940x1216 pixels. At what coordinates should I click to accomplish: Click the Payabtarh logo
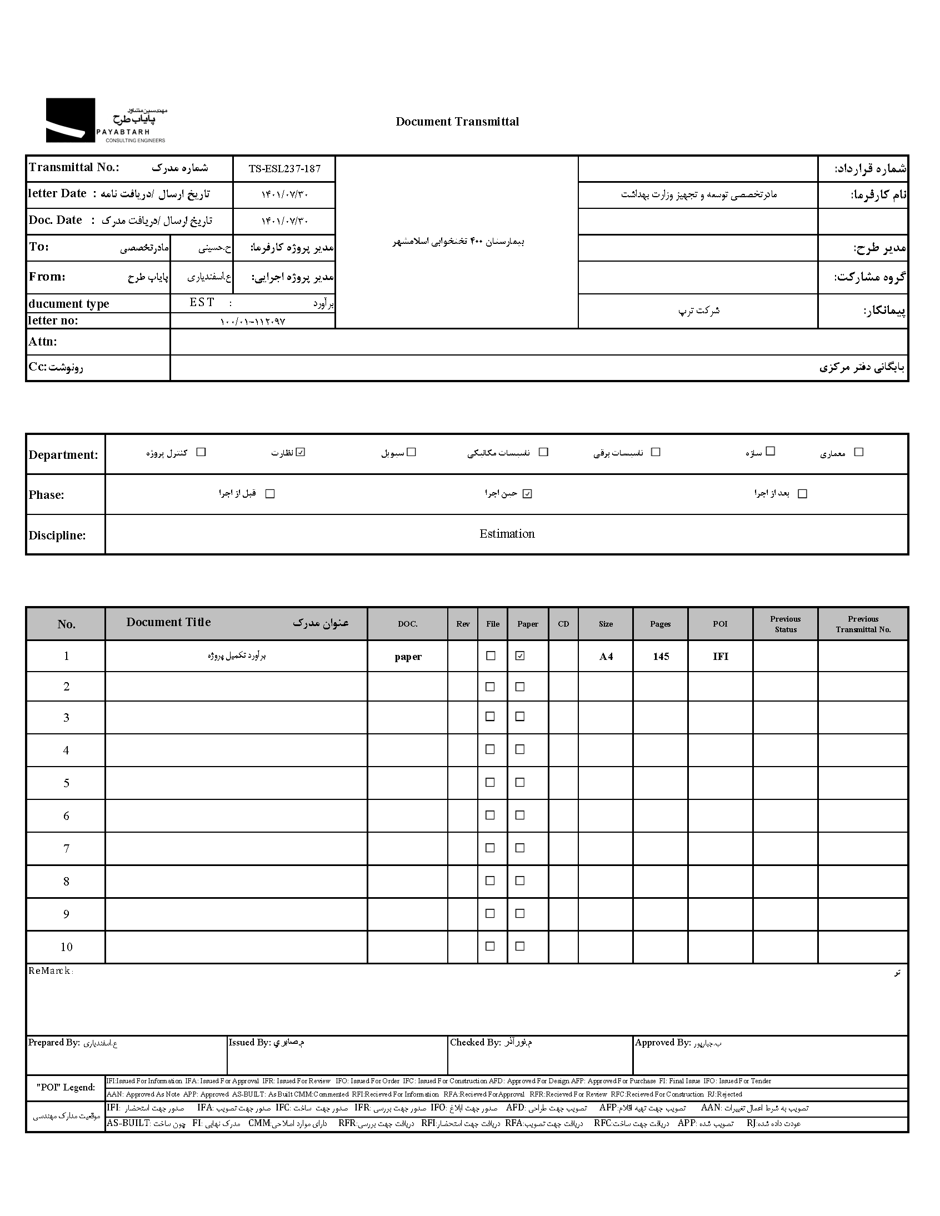point(106,121)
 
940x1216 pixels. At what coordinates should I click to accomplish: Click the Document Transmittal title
point(457,122)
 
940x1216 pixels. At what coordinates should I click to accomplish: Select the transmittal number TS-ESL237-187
point(284,169)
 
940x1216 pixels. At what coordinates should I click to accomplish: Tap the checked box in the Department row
point(301,452)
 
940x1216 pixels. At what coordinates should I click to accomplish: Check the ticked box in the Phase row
point(527,494)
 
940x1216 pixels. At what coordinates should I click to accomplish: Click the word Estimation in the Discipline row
point(507,534)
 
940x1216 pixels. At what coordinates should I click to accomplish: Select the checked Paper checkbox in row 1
point(520,656)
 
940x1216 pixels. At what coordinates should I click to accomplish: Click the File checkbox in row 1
point(491,656)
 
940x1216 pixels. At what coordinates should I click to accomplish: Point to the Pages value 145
point(661,657)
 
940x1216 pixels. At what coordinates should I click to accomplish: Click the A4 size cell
point(606,657)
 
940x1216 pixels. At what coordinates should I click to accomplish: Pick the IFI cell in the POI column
point(721,657)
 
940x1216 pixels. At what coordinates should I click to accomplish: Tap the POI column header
point(720,624)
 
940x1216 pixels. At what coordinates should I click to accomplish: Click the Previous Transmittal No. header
point(863,624)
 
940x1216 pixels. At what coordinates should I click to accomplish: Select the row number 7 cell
point(66,848)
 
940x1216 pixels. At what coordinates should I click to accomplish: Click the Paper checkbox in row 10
point(520,946)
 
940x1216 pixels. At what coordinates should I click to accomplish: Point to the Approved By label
point(663,1043)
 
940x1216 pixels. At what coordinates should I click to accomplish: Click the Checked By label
point(475,1042)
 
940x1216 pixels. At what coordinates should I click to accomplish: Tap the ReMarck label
point(50,971)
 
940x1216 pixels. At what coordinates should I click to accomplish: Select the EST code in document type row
point(202,302)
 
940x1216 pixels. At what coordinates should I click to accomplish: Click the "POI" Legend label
point(66,1087)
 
